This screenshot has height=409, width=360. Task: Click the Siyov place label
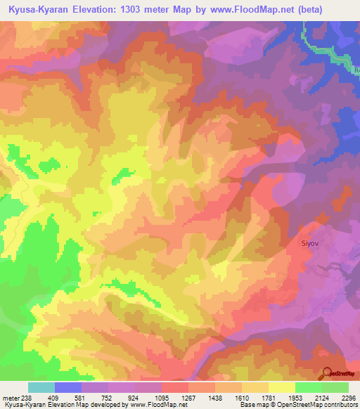click(311, 244)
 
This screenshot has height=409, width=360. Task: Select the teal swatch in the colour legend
click(41, 387)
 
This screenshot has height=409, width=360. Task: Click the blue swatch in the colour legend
click(68, 387)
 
